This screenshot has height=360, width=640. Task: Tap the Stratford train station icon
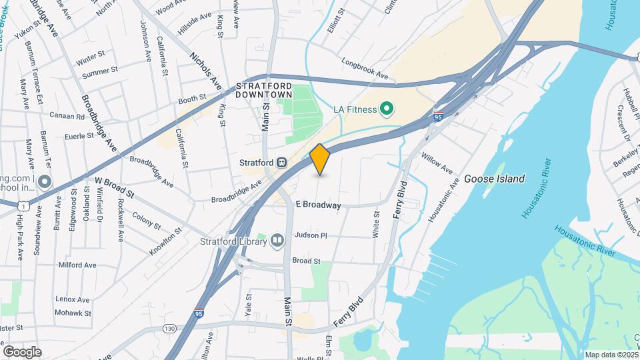point(283,162)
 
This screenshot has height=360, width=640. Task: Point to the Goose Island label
point(494,179)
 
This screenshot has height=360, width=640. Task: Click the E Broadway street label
point(318,205)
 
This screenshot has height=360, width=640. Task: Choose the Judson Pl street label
point(311,235)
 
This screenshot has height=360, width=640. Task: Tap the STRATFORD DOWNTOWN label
point(265,91)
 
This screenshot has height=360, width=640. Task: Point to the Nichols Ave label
point(205,71)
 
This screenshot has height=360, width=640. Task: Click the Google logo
point(22,352)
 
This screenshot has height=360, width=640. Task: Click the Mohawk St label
point(71,313)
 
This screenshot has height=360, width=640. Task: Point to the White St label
point(376,225)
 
